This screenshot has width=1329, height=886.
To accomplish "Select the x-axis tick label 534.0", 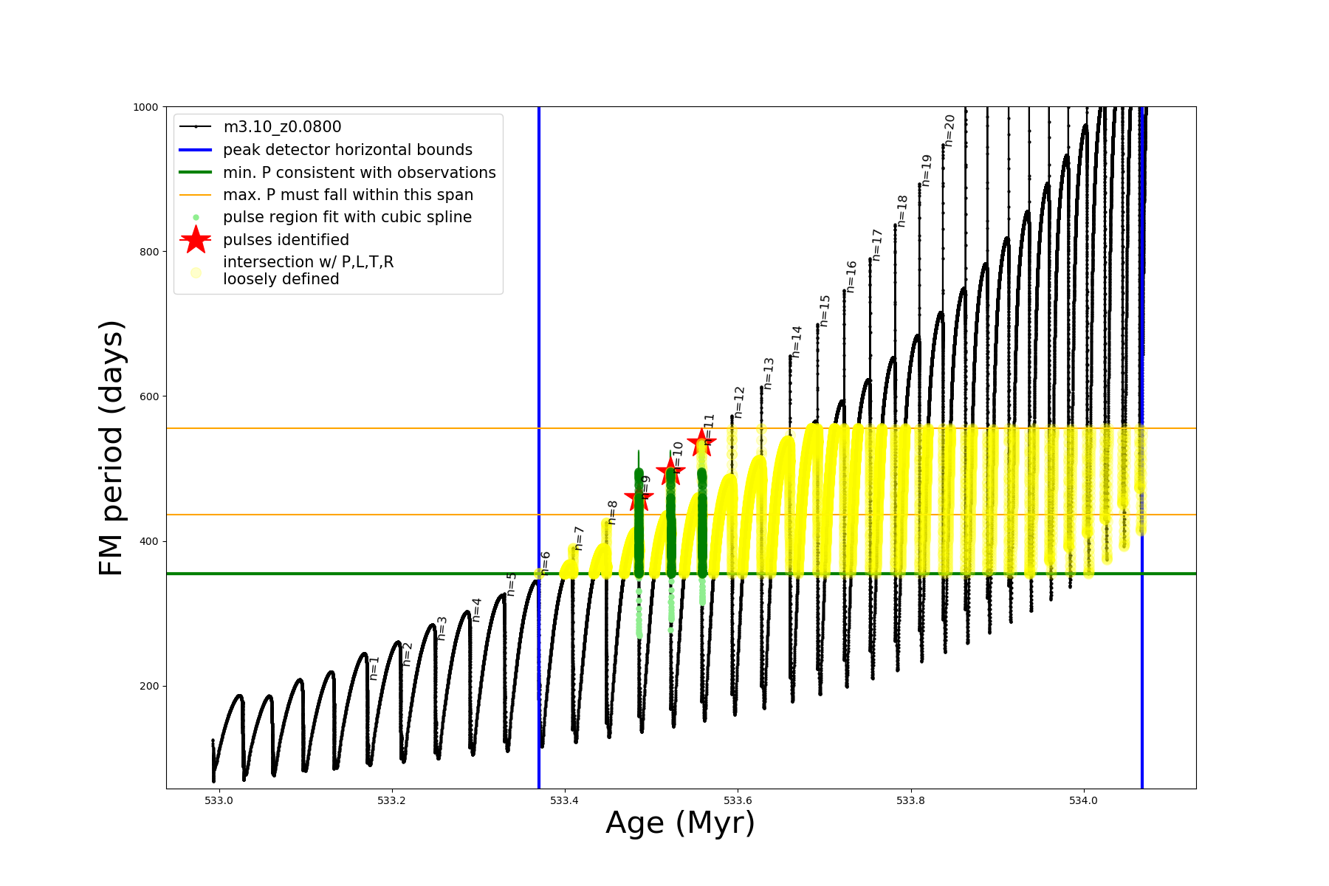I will (1084, 800).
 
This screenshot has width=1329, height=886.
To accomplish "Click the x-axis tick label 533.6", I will (738, 800).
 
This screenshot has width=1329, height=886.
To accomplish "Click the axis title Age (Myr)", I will (680, 823).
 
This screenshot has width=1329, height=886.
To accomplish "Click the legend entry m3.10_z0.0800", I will (282, 127).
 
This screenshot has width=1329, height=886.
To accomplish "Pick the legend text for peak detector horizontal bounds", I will (347, 150).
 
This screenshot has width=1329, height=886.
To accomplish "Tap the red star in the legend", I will (196, 239).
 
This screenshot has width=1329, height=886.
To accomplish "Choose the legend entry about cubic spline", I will (347, 217).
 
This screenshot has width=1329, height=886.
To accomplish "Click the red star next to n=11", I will (701, 442).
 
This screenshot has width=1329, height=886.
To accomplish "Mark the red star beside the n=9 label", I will (639, 498).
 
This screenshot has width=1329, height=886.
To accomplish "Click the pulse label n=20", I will (949, 131).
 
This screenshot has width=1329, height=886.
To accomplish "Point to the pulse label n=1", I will (374, 667).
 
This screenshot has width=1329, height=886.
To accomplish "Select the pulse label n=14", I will (796, 341).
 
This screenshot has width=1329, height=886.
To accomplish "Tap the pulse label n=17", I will (877, 244).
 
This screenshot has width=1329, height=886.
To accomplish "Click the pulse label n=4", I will (476, 609).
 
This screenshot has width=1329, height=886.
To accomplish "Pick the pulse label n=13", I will (769, 374).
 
